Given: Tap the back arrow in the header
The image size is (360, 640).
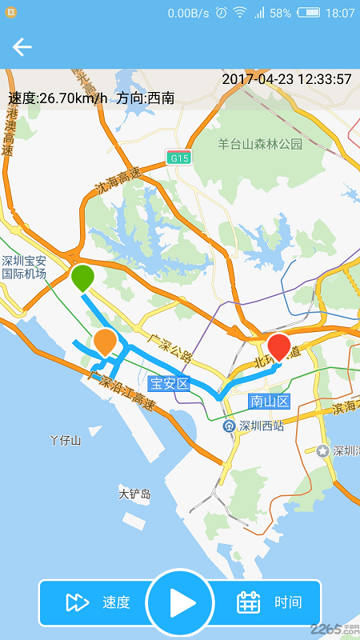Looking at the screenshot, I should (22, 47).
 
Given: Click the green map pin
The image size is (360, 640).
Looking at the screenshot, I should (82, 278).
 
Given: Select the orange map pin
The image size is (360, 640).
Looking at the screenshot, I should (105, 342).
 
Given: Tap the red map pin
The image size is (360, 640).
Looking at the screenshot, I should (278, 346).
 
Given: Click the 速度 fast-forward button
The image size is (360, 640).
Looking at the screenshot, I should (98, 602).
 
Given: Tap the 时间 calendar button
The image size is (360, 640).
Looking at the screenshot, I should (270, 602).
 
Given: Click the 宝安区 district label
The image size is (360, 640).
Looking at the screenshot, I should (168, 383).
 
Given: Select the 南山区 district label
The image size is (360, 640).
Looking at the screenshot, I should (269, 401).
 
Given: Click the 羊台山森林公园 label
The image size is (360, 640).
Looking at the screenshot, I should (260, 144).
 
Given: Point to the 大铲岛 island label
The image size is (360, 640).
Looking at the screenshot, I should (134, 494).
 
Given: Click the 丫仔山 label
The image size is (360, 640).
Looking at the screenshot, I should (66, 440).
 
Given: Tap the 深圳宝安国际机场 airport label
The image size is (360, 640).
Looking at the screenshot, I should (24, 267).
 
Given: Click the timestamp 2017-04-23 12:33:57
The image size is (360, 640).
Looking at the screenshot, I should (286, 79).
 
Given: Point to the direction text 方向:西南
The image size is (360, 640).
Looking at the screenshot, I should (145, 98).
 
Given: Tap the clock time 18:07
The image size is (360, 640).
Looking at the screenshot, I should (340, 14).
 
